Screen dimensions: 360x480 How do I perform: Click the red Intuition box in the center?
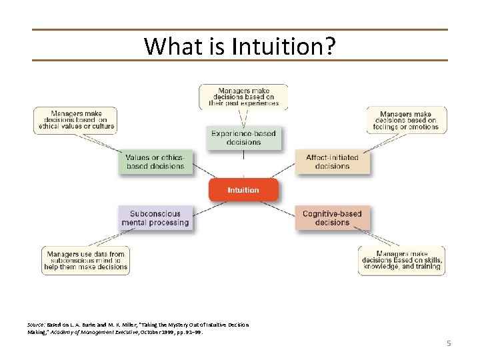(x=243, y=190)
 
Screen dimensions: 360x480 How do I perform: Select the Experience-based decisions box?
(x=243, y=137)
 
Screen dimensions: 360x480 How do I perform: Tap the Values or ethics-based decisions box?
(x=155, y=162)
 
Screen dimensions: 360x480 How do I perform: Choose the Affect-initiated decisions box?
(x=332, y=162)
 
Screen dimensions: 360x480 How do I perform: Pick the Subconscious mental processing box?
(x=155, y=218)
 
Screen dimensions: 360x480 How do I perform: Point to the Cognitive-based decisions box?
(x=332, y=218)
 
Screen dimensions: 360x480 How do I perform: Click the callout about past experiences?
(x=243, y=95)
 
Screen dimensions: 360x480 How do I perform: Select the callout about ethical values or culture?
(x=75, y=120)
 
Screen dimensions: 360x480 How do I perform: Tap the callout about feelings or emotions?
(x=407, y=120)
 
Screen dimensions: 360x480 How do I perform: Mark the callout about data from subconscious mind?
(x=86, y=261)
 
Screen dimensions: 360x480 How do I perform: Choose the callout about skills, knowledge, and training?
(x=401, y=261)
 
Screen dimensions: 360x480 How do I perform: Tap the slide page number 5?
(x=449, y=343)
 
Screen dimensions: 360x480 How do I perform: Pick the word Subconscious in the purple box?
(x=155, y=213)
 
